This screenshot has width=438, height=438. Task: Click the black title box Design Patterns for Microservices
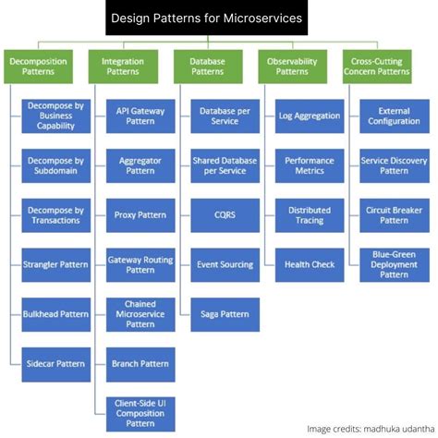tap(219, 18)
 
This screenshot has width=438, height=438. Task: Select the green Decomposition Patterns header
tap(37, 67)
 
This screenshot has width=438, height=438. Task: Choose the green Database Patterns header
tap(207, 67)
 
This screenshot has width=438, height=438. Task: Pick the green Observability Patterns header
tap(292, 67)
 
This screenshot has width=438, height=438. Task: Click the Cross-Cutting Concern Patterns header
tap(380, 67)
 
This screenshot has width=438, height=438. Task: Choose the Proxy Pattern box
tap(140, 215)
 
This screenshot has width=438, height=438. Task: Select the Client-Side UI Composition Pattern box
tap(140, 412)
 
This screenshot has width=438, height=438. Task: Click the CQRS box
tap(225, 215)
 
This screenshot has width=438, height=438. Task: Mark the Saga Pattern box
tap(225, 314)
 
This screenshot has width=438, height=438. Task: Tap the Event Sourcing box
tap(225, 264)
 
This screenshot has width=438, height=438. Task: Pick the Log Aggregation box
tap(309, 116)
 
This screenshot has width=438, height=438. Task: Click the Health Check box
tap(309, 264)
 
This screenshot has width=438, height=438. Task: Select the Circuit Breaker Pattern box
tap(394, 215)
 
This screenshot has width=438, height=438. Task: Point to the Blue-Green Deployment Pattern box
tap(394, 264)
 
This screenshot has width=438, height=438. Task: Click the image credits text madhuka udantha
tap(369, 428)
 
